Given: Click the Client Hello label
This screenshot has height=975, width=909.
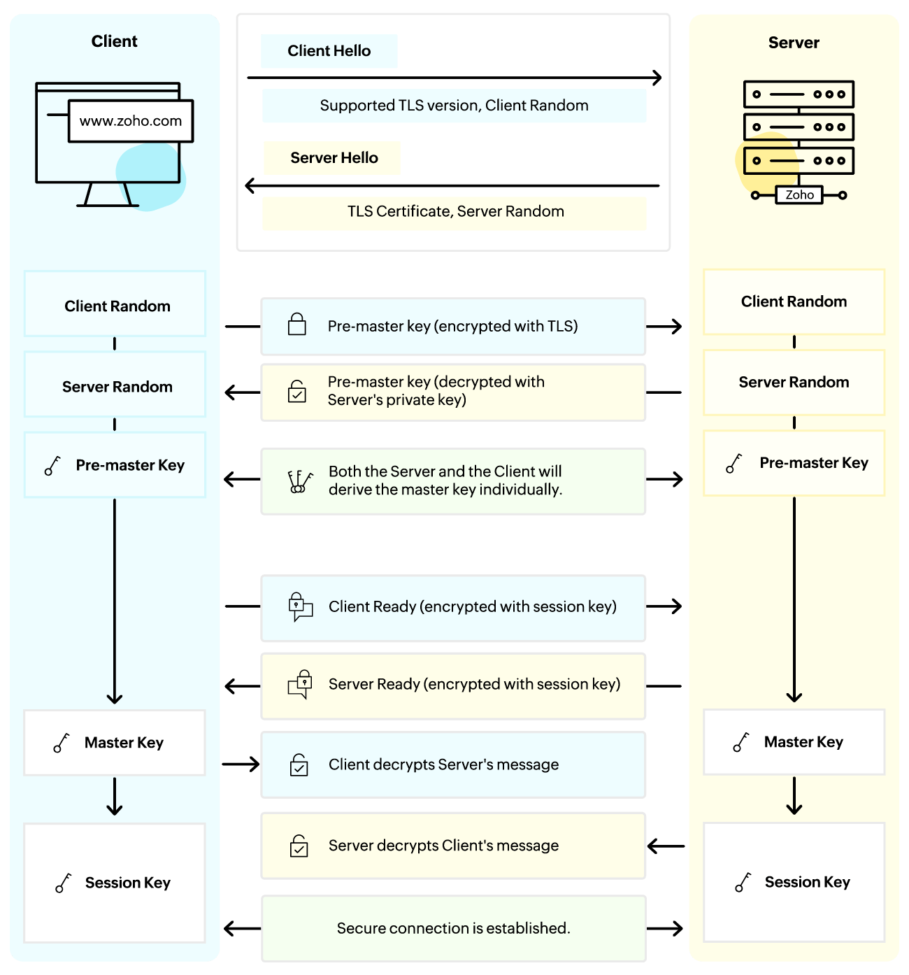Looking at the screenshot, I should click(x=329, y=51).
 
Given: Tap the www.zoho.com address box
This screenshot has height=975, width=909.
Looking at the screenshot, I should click(x=131, y=121).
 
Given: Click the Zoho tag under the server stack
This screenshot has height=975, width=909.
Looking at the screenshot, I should click(x=799, y=195).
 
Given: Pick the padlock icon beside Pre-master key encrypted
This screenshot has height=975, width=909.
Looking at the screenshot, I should click(x=297, y=325).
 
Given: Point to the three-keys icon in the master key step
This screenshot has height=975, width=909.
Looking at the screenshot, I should click(x=299, y=481).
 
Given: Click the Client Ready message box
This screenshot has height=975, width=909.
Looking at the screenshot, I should click(x=453, y=608).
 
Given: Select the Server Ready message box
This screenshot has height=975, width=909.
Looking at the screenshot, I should click(x=453, y=685).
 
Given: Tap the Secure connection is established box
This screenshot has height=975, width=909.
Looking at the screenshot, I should click(x=453, y=928).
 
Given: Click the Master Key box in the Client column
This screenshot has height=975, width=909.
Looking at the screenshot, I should click(x=115, y=743).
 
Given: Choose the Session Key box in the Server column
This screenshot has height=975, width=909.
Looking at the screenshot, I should click(x=794, y=882).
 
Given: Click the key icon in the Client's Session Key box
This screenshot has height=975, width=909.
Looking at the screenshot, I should click(x=63, y=883).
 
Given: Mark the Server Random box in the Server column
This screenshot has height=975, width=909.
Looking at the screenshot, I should click(x=794, y=383).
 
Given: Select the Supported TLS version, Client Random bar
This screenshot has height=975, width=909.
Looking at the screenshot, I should click(x=454, y=106).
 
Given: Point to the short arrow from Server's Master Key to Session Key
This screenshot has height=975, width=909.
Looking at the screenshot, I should click(x=794, y=796).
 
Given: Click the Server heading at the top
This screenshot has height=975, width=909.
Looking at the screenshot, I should click(x=794, y=43).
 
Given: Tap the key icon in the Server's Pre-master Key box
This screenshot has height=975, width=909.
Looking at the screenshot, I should click(x=733, y=463).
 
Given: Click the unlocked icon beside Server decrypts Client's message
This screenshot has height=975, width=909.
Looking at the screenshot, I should click(x=299, y=846).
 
